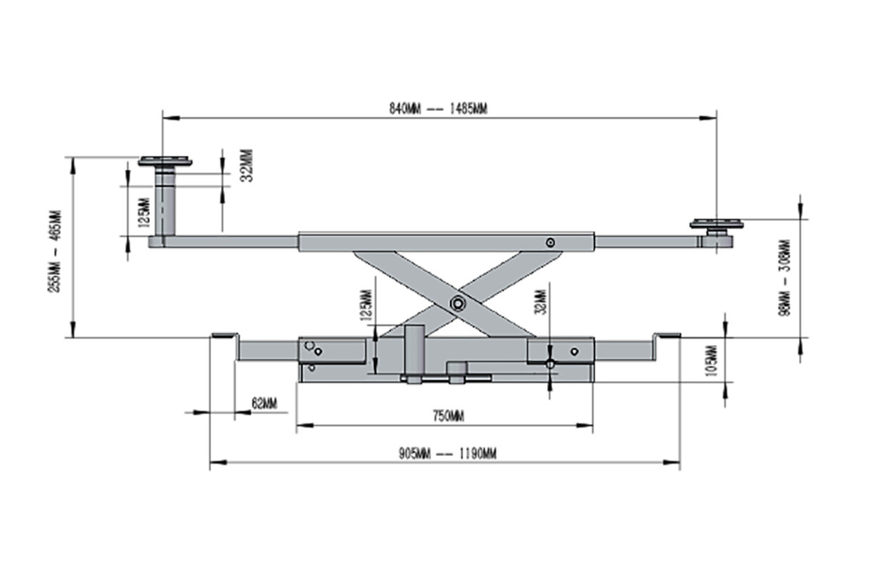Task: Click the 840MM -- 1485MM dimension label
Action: point(438,108)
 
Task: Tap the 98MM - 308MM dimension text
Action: point(785,278)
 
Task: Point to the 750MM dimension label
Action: point(448,416)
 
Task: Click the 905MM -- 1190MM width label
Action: point(447,453)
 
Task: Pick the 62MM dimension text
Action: point(264,404)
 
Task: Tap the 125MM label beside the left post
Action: point(144,212)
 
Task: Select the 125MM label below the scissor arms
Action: point(366,304)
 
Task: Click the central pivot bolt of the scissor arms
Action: point(459,303)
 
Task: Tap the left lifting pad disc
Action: point(165,162)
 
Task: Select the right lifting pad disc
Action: point(716,224)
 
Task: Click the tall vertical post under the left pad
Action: point(165,204)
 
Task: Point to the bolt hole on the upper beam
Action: point(550,242)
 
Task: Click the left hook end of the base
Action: point(225,338)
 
